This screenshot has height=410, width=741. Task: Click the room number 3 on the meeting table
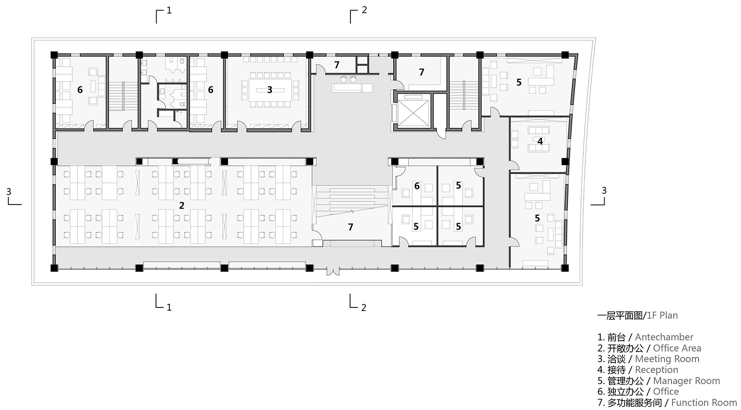tap(269, 90)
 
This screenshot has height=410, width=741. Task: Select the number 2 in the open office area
tap(182, 205)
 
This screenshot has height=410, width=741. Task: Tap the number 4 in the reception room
tap(540, 141)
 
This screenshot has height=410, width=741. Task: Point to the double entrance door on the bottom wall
tap(333, 271)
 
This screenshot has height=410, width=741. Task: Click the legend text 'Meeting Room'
tap(667, 359)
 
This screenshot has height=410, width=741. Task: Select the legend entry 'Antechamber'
tap(664, 337)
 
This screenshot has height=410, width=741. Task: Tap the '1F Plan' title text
tap(662, 315)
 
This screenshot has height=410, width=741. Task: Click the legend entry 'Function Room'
tap(704, 403)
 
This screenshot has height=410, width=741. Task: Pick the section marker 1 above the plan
tap(169, 10)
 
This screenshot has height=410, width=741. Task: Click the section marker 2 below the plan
tap(364, 307)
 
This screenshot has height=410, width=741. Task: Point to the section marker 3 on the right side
tap(604, 191)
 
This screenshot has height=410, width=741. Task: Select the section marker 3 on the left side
tap(9, 191)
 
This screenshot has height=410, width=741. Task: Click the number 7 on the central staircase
tap(350, 227)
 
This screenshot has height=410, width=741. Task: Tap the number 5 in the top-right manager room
tap(519, 82)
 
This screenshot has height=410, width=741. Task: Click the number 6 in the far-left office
tap(80, 90)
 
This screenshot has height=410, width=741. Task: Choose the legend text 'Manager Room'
tap(687, 381)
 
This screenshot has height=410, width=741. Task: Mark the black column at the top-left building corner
tap(54, 55)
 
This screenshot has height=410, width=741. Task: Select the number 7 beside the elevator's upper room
tap(421, 72)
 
